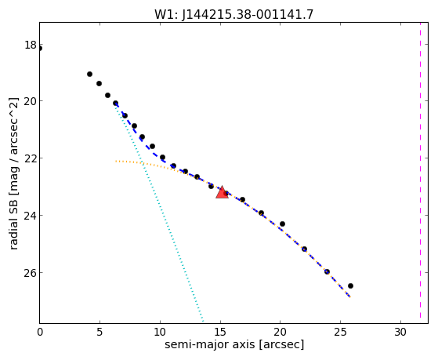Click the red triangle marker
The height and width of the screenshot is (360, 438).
point(222,192)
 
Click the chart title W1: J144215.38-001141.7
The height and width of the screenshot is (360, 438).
point(233,14)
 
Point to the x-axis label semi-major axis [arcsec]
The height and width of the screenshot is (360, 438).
point(234,344)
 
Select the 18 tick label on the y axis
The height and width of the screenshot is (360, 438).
point(31,45)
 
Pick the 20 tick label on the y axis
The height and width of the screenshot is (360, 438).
point(31,101)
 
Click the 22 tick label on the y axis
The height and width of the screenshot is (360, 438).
point(31,158)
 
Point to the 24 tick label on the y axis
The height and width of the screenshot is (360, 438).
point(31,216)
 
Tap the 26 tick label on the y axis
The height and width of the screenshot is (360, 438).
point(31,273)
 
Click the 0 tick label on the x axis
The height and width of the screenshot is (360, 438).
point(40,332)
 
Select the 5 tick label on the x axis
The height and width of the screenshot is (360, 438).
point(100,332)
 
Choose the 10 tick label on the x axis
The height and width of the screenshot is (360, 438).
point(160,332)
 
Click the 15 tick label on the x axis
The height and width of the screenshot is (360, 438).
point(220,332)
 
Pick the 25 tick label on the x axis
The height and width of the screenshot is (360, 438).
point(341,332)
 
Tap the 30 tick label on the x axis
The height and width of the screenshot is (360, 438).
point(400,332)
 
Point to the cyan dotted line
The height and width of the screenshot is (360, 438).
point(158,213)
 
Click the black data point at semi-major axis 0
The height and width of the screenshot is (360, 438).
point(40,49)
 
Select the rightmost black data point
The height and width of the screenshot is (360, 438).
point(350,285)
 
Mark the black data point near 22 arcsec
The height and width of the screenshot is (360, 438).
point(304,249)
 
